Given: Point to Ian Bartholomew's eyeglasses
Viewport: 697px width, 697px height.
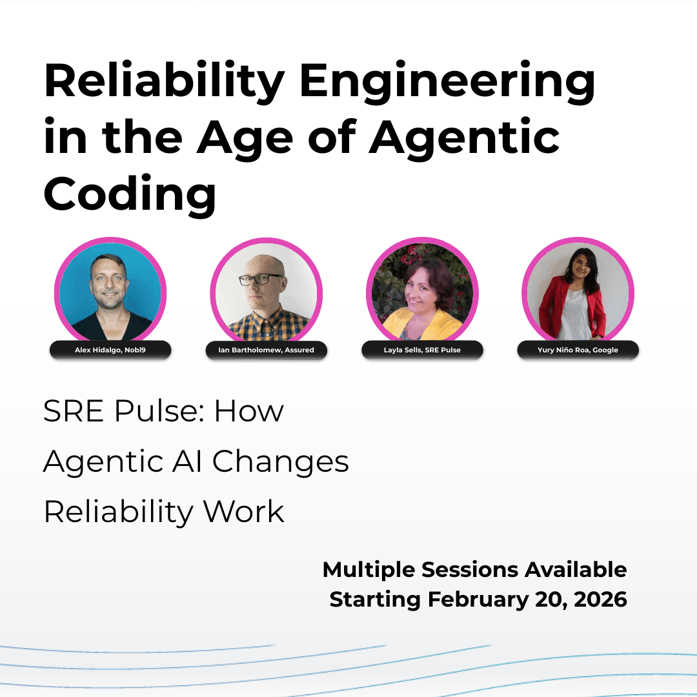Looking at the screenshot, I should point(261,279).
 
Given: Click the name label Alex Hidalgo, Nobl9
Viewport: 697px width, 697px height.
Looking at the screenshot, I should point(110,350).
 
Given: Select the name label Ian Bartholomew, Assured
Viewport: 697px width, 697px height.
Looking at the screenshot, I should point(266,350).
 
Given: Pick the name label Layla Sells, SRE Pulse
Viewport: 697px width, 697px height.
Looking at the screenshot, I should point(422,350).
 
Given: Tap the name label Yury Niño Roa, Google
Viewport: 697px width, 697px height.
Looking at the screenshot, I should point(578,350).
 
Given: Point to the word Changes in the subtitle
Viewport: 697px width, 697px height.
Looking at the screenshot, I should point(280,461).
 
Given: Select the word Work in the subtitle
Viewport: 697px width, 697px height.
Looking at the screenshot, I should point(243,512).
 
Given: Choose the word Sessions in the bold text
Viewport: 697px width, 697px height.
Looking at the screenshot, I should point(469,569).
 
